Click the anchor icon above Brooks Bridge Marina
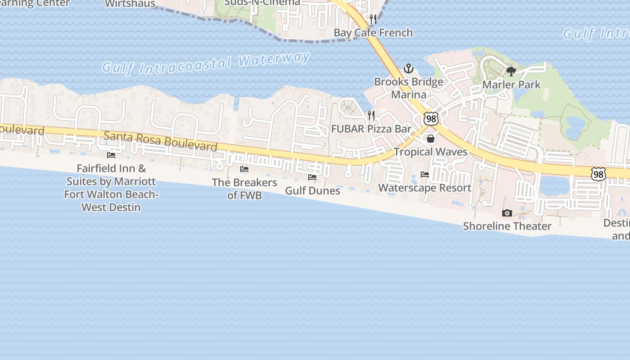pos(409,68)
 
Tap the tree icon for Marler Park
pos(511,71)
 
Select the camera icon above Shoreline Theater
pos(507,213)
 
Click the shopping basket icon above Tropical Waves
pos(431,139)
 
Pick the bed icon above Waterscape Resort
pos(425,174)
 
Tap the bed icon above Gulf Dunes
pos(312,177)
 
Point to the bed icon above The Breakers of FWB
pos(244,169)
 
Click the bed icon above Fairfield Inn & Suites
pos(111,155)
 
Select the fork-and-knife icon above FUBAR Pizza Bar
pos(371,116)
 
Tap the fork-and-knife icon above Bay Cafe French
pos(373,19)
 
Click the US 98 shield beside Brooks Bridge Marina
pos(431,119)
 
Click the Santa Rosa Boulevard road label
pos(161,141)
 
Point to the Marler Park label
pos(512,85)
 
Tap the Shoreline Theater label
pos(507,226)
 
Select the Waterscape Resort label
pos(425,188)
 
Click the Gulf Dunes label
pos(313,190)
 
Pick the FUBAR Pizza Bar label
pos(371,129)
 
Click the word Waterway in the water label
pos(274,60)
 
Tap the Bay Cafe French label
pos(373,32)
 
